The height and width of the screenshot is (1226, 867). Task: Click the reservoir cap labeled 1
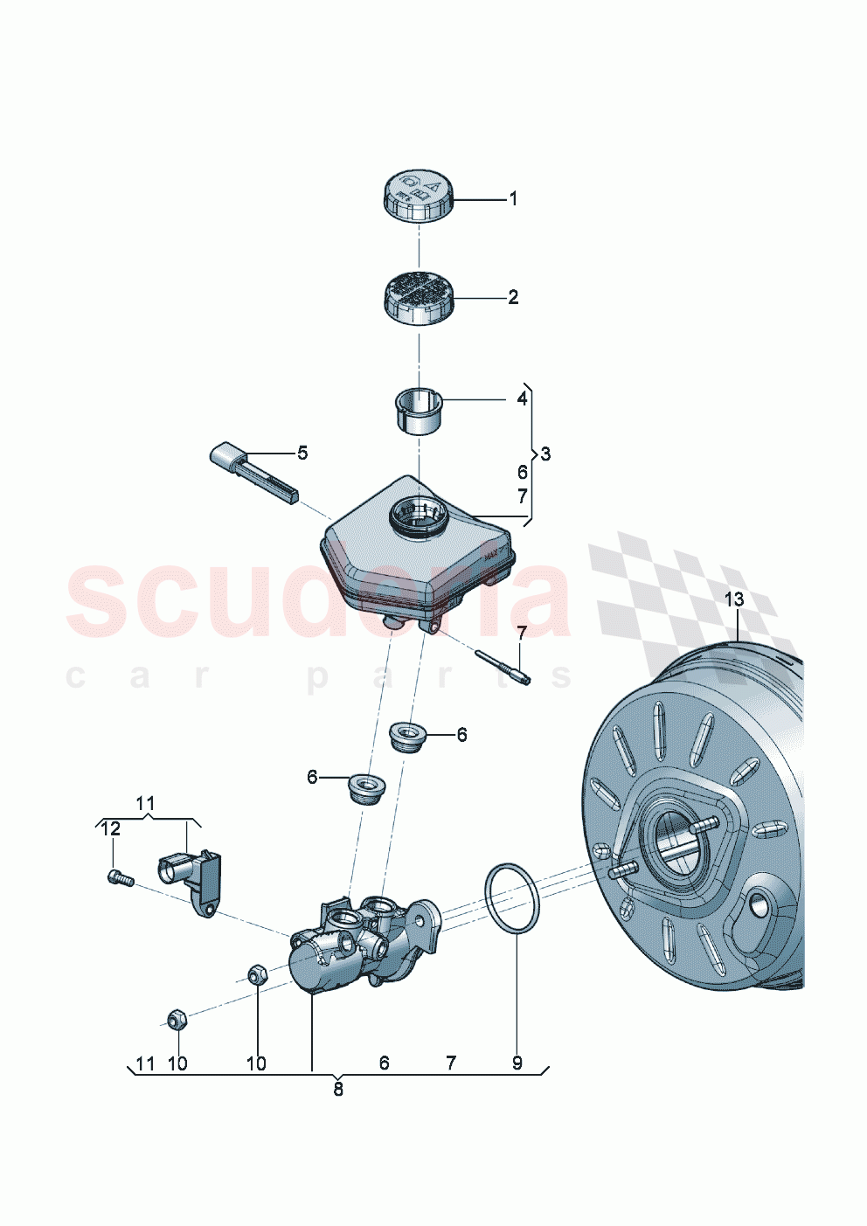[418, 196]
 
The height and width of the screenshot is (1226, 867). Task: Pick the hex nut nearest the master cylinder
[257, 974]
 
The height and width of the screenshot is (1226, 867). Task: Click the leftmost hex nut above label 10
[175, 1019]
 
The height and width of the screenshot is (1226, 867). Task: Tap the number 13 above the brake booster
[734, 599]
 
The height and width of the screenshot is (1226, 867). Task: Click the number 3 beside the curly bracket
[546, 454]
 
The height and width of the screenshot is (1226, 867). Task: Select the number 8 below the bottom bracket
[338, 1090]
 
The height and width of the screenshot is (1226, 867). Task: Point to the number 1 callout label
[514, 199]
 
